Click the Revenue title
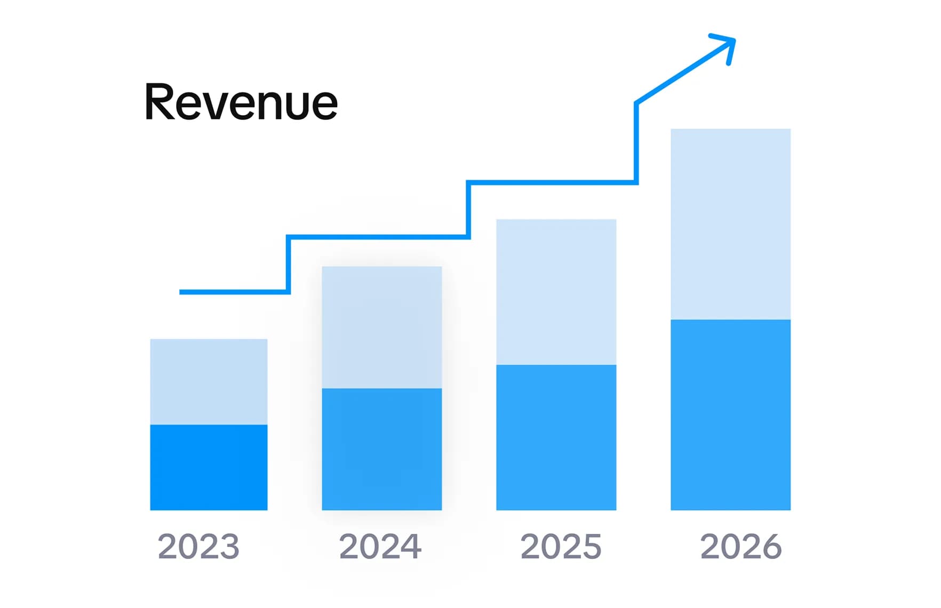click(241, 102)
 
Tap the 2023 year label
click(198, 547)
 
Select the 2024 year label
click(380, 547)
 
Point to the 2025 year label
click(561, 547)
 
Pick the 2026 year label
click(740, 547)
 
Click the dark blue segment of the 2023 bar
click(209, 467)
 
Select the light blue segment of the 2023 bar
click(209, 381)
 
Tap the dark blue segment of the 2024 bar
click(381, 449)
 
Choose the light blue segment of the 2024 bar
click(381, 327)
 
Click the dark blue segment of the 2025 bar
click(556, 437)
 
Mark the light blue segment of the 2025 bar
click(556, 292)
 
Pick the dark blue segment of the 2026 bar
click(730, 415)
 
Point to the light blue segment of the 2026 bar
click(730, 224)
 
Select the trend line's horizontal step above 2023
click(235, 292)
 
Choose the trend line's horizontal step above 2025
click(552, 182)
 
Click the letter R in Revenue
click(160, 102)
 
